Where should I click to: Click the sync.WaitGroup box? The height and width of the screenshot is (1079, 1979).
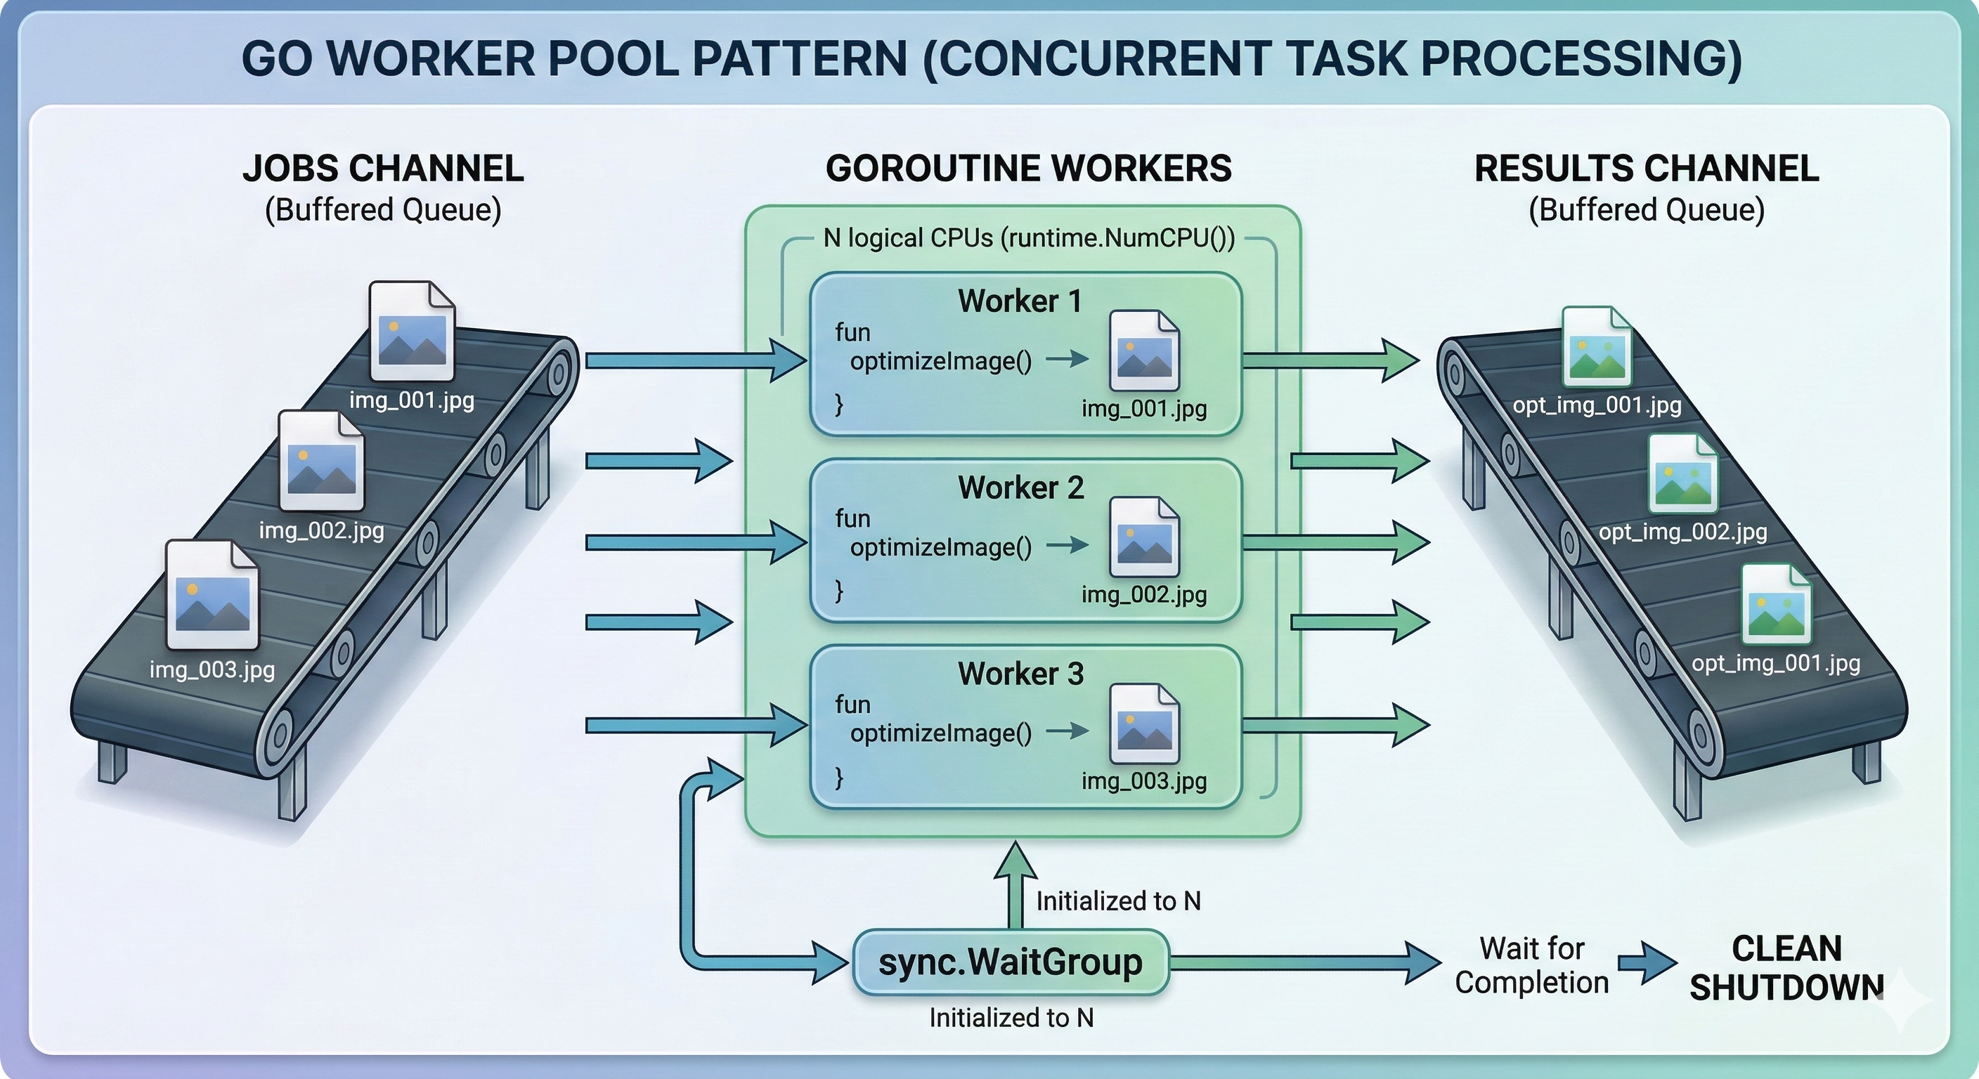(x=1011, y=962)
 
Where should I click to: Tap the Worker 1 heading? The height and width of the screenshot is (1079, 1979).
(x=1020, y=301)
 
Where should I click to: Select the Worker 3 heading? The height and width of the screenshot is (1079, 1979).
(x=1020, y=674)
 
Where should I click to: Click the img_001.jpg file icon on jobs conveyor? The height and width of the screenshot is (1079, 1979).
(x=412, y=332)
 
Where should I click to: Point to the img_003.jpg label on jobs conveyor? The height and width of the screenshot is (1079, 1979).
(x=212, y=669)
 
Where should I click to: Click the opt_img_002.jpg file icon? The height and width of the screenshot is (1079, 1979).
(x=1682, y=474)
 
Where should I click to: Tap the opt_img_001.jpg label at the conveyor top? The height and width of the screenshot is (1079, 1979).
(x=1597, y=405)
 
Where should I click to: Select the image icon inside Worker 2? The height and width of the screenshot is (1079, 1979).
(x=1144, y=537)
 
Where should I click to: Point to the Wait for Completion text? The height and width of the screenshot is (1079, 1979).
(x=1531, y=965)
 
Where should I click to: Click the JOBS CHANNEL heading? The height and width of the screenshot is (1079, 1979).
(x=382, y=168)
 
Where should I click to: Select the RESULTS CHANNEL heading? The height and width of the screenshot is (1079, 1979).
(x=1647, y=168)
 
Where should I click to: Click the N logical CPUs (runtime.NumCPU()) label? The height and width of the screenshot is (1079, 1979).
(x=1029, y=238)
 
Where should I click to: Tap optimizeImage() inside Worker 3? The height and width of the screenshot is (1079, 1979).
(x=940, y=733)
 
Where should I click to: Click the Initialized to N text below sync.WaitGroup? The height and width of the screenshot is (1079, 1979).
(x=1011, y=1018)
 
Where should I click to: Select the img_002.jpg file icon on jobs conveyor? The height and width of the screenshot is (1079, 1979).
(x=321, y=461)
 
